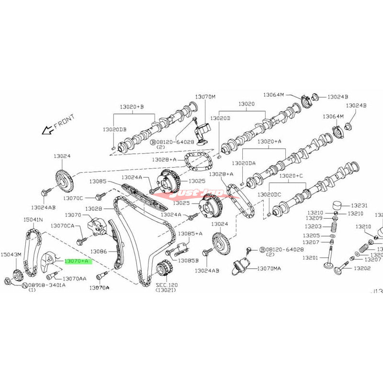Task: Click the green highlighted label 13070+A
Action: tap(77, 261)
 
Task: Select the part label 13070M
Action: tap(205, 97)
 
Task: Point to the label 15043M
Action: tap(11, 254)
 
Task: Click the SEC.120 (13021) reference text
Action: tap(167, 288)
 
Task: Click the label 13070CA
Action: tap(63, 225)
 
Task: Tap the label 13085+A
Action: tap(191, 234)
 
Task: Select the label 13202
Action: tap(362, 269)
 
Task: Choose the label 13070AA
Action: tap(75, 278)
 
